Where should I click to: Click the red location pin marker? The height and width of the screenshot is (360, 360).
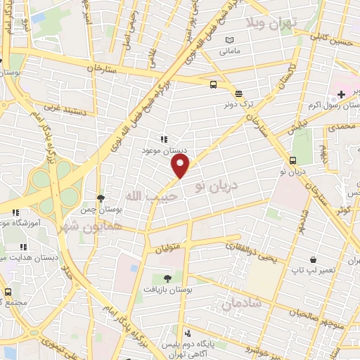pos(181,167)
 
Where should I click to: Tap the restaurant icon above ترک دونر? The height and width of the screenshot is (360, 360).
pos(238,93)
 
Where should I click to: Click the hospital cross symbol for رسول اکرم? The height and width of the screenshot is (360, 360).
pos(341,94)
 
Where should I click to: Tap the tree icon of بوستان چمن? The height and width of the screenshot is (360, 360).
pos(101,199)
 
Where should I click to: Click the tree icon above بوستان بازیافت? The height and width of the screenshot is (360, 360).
pos(166,278)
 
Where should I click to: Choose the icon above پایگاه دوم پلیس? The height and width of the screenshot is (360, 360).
pos(187,333)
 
